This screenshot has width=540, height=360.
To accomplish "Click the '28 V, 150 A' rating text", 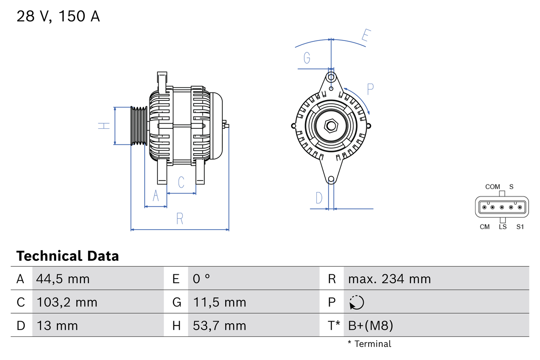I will (58, 16).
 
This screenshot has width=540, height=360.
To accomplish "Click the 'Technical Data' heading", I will (67, 256).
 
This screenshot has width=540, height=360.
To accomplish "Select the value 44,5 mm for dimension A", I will (63, 279).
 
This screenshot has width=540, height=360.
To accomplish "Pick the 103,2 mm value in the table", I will (67, 302).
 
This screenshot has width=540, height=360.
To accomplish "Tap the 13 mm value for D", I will (57, 325).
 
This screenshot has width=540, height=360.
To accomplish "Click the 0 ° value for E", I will (201, 279).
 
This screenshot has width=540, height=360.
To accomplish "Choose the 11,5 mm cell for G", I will (219, 302).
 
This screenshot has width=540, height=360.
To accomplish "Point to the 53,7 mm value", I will (219, 325).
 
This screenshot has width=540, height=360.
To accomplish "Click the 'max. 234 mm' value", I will (389, 279).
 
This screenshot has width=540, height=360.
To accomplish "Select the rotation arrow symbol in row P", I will (356, 302).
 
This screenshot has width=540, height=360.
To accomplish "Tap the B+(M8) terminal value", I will (370, 325).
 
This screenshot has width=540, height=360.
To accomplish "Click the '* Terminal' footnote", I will (370, 344).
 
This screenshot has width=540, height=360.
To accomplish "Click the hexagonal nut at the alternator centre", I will (331, 126).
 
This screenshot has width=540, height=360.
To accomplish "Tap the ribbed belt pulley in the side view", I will (138, 126).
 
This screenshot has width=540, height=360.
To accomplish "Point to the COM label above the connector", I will (492, 187).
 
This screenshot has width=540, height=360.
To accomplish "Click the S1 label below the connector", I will (520, 227).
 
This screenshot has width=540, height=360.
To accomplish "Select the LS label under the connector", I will (502, 227).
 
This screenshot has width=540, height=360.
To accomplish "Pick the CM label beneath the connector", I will (485, 227).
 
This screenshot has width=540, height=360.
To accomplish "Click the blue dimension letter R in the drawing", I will (180, 219).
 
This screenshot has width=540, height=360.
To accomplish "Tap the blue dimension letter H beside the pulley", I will (104, 125).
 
